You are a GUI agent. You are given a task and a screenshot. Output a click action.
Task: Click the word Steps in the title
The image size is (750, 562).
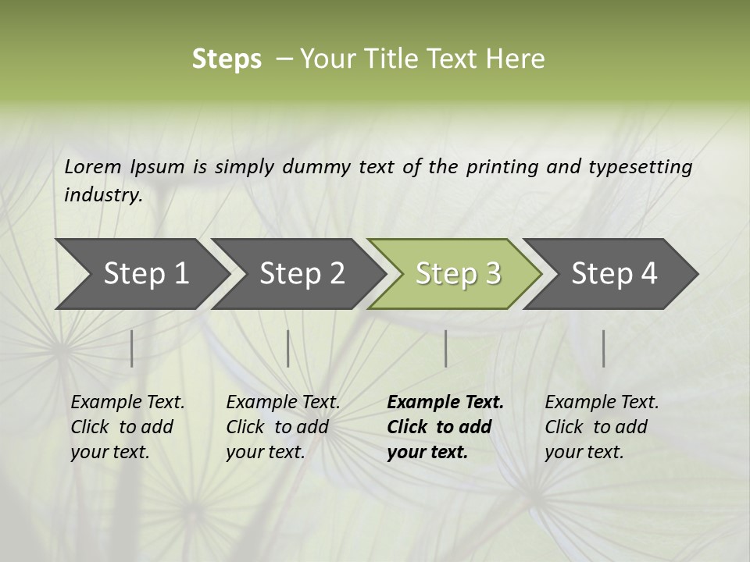[227, 59]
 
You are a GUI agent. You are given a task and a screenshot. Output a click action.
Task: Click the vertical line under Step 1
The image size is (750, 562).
[132, 348]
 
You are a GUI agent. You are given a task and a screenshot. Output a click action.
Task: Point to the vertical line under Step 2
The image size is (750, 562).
[288, 348]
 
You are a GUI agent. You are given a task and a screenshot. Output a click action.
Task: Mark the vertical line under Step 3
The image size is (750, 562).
[445, 348]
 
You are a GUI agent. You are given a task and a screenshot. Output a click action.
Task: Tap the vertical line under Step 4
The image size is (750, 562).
[603, 348]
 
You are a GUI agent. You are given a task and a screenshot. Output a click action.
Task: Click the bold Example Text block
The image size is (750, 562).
[445, 427]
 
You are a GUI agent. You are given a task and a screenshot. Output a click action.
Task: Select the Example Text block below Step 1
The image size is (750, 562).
[127, 427]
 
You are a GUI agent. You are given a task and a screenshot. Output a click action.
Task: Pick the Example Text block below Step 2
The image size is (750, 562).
[283, 427]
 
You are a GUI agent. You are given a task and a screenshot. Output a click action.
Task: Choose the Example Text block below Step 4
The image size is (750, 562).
[602, 427]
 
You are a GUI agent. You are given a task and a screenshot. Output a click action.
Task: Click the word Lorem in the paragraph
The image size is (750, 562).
[93, 166]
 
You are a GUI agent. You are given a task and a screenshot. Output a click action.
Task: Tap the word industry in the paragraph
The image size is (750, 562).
[102, 194]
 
